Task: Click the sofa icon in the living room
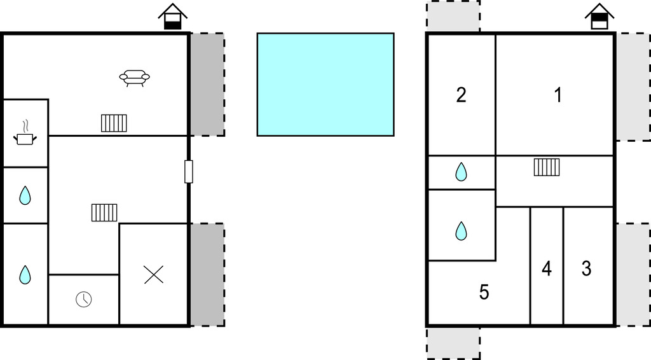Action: click(x=135, y=78)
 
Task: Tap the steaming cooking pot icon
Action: click(x=25, y=134)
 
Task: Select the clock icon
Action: click(x=83, y=299)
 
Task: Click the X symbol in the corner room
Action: click(x=154, y=275)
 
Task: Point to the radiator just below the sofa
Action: click(x=114, y=123)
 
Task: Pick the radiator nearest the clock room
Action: click(x=104, y=212)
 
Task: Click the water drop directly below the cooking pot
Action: click(x=25, y=195)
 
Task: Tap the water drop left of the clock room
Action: click(x=25, y=275)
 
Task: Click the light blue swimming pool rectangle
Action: click(x=325, y=85)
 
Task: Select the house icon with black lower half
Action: click(x=173, y=17)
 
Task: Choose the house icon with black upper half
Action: click(x=600, y=17)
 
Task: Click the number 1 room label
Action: click(x=558, y=95)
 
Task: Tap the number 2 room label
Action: click(x=461, y=95)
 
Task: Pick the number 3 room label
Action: click(x=586, y=268)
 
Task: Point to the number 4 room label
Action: click(x=547, y=268)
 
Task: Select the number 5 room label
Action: click(x=484, y=293)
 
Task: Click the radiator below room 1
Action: click(x=546, y=167)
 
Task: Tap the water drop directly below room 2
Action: click(x=462, y=172)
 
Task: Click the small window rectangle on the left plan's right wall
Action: click(x=188, y=172)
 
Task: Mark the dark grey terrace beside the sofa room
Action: click(x=207, y=85)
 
